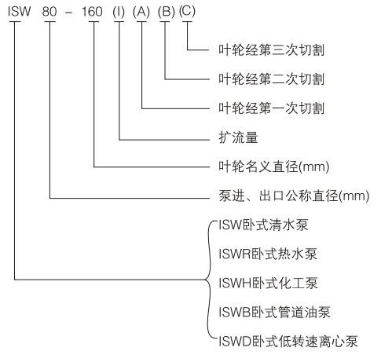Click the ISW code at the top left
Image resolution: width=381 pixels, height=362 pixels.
(20, 12)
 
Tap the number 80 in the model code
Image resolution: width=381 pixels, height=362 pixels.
(49, 12)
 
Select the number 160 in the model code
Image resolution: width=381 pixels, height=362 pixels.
(92, 12)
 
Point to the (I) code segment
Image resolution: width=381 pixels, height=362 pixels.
(119, 12)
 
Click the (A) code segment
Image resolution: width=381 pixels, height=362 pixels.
(141, 12)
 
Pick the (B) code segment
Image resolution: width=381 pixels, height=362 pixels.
(167, 12)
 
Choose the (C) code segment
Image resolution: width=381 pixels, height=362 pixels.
(187, 12)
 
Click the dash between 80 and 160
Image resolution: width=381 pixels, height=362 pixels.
(69, 13)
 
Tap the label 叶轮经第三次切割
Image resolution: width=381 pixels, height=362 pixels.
(272, 49)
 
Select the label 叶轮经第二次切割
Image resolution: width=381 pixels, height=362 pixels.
(272, 79)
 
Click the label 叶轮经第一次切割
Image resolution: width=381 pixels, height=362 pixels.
(272, 108)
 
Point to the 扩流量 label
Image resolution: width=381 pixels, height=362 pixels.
(238, 137)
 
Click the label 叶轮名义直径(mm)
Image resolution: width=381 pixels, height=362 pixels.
(274, 166)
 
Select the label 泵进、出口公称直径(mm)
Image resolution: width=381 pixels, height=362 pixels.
(294, 196)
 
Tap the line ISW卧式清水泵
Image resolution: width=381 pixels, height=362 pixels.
(263, 225)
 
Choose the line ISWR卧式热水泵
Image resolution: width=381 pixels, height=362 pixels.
(268, 254)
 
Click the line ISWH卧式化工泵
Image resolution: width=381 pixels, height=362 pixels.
(269, 283)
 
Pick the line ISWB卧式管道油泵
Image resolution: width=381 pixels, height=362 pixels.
(274, 313)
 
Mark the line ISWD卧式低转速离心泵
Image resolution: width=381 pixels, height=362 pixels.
(288, 342)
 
